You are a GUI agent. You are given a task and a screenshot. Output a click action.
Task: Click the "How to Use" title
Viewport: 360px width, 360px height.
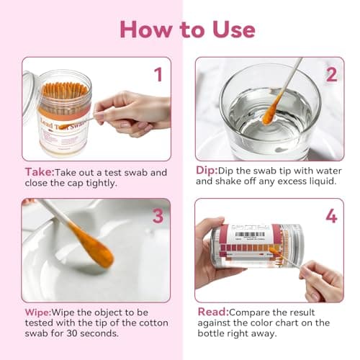(187, 29)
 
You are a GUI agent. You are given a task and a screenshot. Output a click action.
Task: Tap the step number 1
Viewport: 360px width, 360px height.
(158, 74)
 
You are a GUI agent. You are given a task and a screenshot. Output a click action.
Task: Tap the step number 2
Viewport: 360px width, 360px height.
(330, 74)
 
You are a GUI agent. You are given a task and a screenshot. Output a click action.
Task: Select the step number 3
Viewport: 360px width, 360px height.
(158, 215)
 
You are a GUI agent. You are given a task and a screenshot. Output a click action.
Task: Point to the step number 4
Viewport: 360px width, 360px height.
(330, 215)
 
